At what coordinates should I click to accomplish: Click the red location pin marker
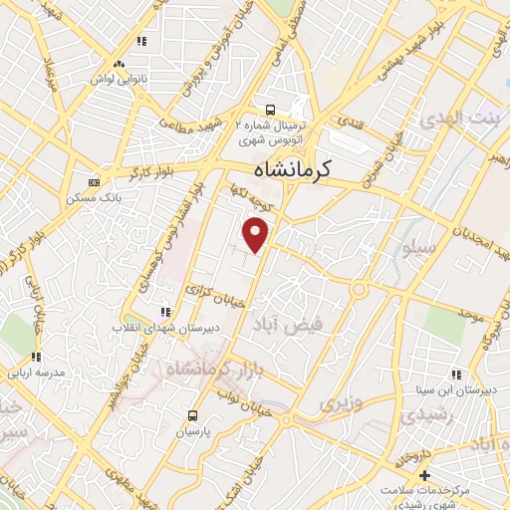coord(257,235)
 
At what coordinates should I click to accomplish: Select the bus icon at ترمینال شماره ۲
coord(269,110)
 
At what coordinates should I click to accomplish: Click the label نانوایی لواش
coord(120,78)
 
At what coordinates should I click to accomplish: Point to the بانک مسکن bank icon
coord(94,182)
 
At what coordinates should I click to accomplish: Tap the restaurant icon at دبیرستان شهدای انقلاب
coord(165,312)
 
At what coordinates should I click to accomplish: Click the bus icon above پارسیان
coord(192,416)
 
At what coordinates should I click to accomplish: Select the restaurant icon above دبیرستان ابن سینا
coord(455,376)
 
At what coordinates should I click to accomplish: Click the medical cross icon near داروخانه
coord(424,476)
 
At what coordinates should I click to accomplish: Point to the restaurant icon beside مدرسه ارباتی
coord(36,357)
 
